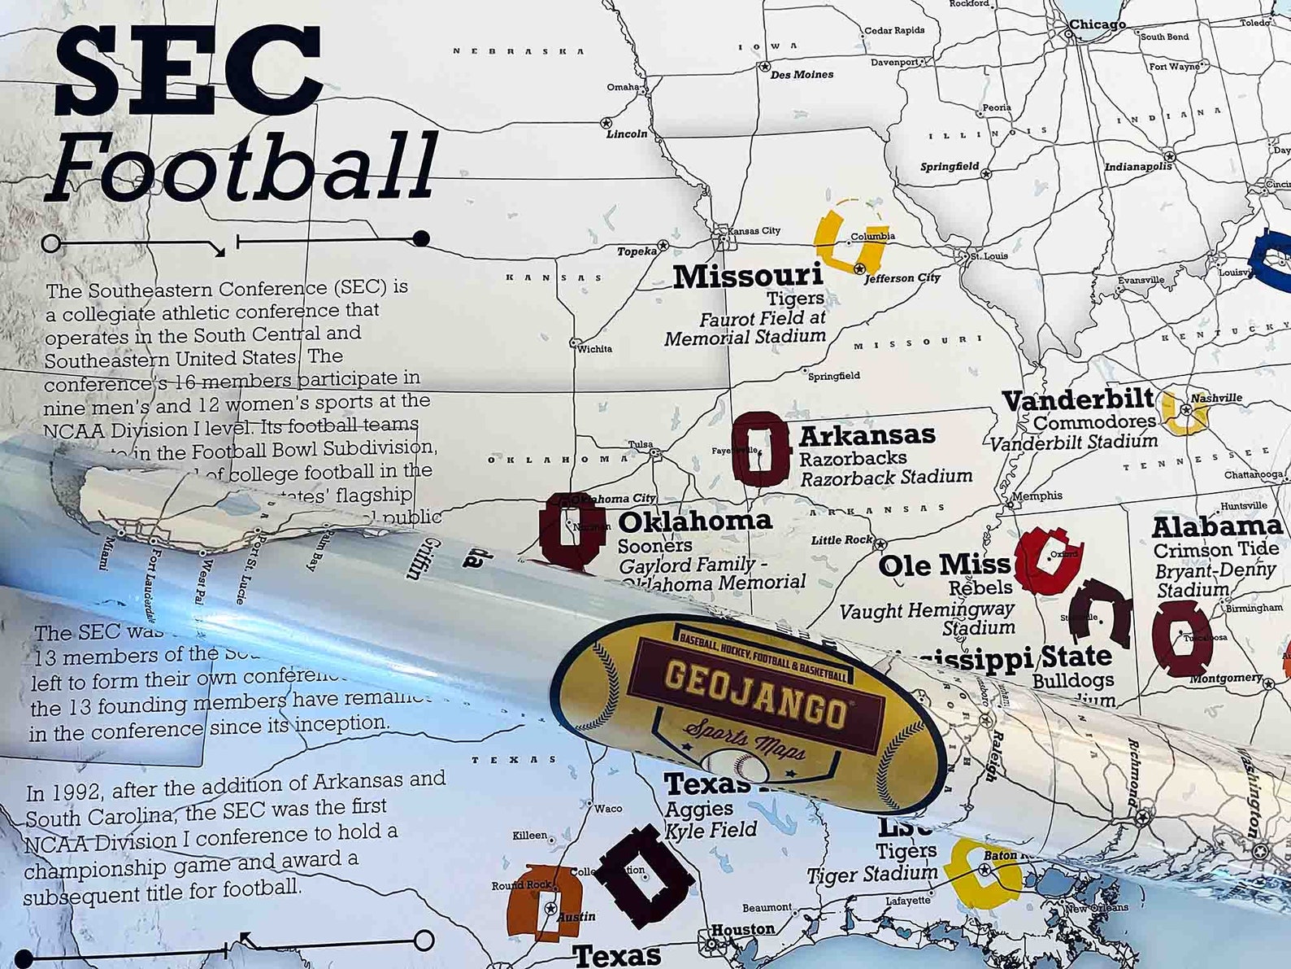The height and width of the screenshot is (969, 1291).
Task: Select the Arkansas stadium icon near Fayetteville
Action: (760, 449)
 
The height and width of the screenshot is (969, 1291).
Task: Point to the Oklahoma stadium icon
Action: (572, 530)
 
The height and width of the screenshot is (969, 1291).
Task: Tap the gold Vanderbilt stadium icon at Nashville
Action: (1184, 412)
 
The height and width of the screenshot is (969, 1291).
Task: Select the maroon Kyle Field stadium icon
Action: (645, 875)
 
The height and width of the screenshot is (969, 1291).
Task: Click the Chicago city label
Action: (1097, 24)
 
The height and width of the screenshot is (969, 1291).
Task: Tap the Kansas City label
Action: (753, 231)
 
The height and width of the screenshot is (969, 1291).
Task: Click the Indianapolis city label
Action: (1137, 166)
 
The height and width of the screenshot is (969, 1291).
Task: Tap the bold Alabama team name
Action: (1216, 527)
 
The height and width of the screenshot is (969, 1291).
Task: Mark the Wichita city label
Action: (594, 349)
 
